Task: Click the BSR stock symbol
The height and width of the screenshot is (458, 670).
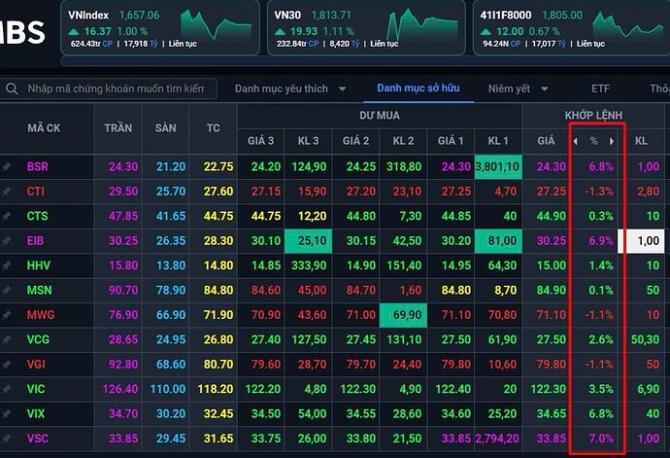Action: pos(37,166)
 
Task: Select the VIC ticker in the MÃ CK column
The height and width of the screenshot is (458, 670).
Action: pos(37,388)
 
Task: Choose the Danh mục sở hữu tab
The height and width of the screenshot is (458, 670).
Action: pos(418,88)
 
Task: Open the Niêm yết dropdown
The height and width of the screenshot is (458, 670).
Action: pos(517,88)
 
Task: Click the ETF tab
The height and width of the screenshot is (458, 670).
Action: pos(600,88)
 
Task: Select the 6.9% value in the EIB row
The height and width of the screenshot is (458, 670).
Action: pos(602,240)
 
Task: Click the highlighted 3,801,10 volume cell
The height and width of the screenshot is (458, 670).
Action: pos(498,166)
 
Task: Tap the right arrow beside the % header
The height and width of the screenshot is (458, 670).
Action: pos(612,141)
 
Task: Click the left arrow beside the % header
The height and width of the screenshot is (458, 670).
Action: pos(574,141)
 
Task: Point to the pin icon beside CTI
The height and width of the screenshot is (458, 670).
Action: pos(8,192)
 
